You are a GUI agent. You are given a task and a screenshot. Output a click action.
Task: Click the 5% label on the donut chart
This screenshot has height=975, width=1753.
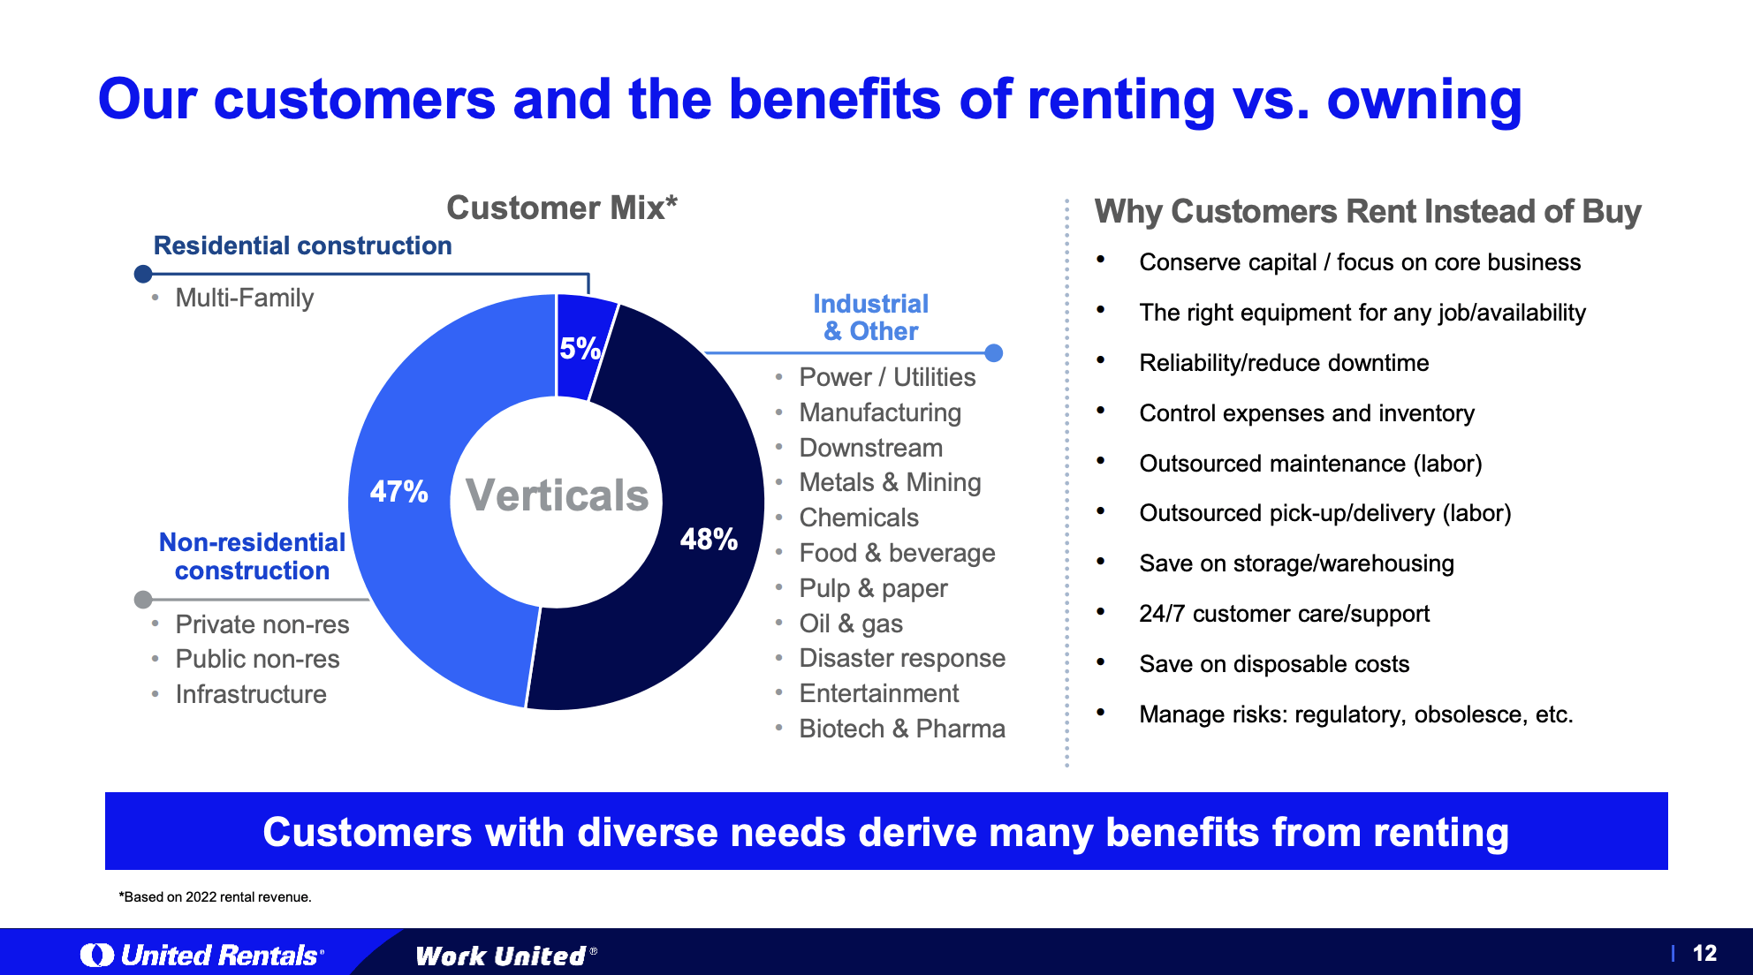[580, 349]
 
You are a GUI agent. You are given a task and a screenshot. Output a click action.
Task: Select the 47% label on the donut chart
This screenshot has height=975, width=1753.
[398, 492]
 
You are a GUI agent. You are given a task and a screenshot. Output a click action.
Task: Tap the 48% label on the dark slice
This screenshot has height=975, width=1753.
[709, 539]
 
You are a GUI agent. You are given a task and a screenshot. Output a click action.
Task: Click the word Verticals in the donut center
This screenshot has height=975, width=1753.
[557, 495]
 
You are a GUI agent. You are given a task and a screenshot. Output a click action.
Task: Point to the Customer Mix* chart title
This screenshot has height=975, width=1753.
[561, 208]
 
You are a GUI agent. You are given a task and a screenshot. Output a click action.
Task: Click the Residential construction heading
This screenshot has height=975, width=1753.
[302, 246]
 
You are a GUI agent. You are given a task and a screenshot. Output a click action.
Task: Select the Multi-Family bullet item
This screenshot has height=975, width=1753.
[244, 298]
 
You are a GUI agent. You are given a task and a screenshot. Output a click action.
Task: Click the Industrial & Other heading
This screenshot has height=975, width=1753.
[870, 317]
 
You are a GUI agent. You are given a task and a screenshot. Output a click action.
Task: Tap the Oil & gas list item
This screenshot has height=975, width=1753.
[850, 624]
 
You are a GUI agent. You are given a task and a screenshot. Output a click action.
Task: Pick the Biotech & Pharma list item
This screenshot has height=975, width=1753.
[901, 729]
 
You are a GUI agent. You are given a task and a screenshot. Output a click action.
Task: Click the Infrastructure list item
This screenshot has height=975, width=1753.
[251, 694]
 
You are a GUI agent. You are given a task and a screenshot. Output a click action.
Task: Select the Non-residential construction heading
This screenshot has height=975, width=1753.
[252, 556]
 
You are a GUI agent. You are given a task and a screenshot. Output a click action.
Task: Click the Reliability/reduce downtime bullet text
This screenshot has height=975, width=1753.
[1283, 363]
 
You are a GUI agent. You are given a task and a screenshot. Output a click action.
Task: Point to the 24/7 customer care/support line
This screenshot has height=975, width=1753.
[1283, 614]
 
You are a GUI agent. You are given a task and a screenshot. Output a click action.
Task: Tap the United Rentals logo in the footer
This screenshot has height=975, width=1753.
[203, 955]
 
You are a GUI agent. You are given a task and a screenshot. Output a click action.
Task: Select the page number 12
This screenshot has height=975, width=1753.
[1704, 954]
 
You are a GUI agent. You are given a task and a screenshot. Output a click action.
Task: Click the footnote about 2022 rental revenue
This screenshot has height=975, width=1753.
[216, 897]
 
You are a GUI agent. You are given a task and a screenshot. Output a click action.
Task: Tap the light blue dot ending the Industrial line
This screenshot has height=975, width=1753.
[994, 353]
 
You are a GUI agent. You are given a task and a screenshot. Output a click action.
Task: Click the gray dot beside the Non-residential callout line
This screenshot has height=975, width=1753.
[143, 600]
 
